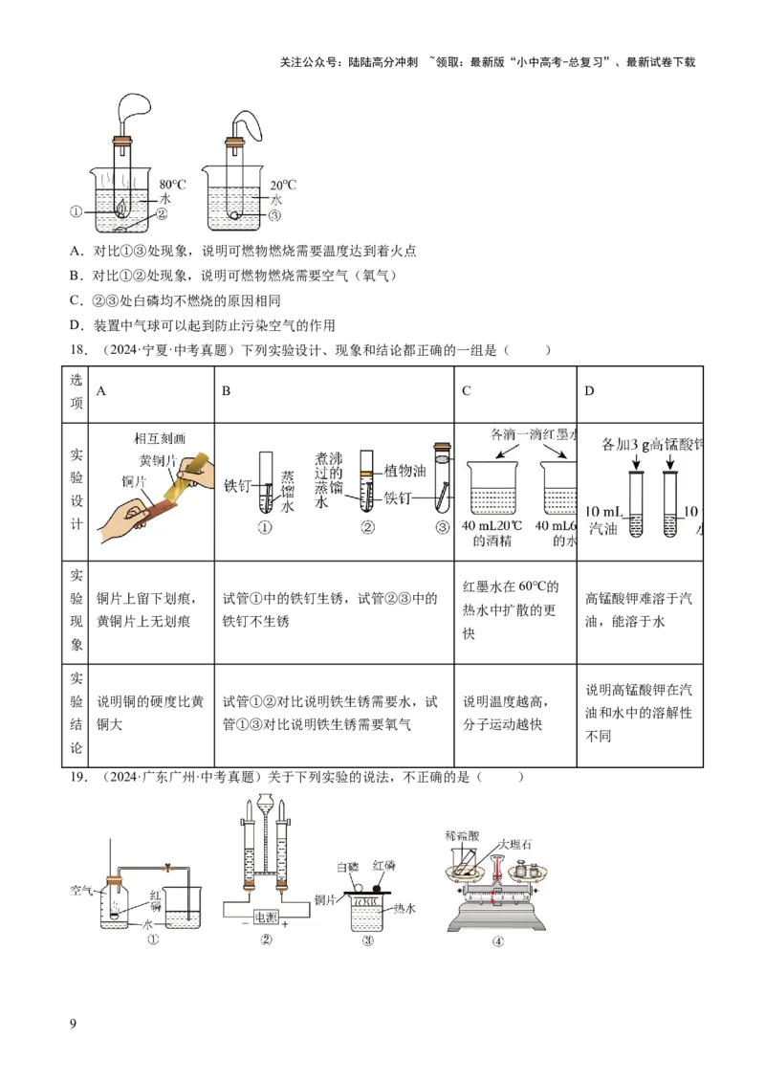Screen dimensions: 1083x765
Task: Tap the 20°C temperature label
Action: click(283, 186)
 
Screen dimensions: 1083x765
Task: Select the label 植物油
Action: click(404, 471)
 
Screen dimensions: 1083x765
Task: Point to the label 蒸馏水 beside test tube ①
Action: click(288, 490)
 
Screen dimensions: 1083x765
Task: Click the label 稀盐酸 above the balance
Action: click(461, 835)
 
